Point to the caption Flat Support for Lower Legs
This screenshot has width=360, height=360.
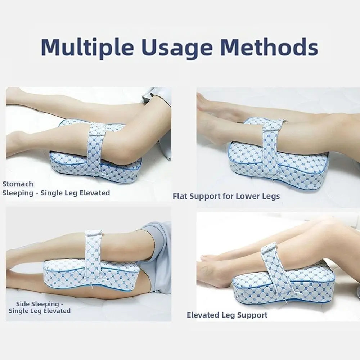pyautogui.click(x=226, y=196)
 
